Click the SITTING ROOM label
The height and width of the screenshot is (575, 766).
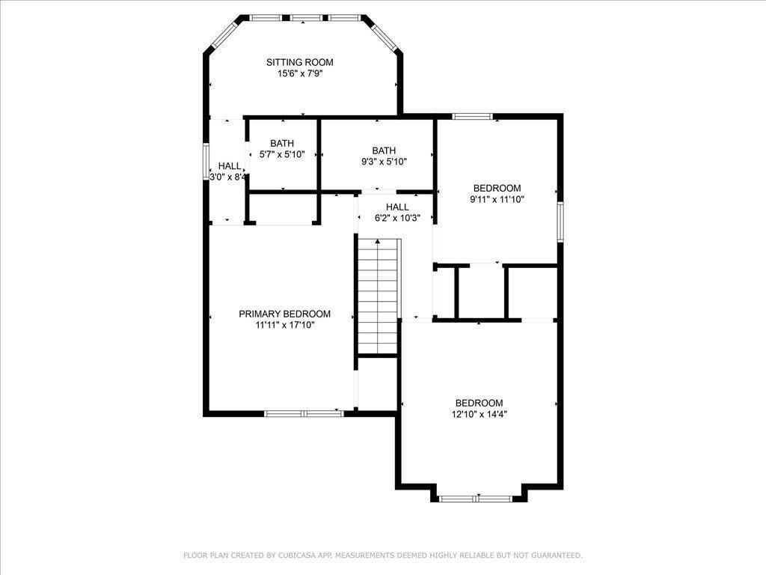click(299, 62)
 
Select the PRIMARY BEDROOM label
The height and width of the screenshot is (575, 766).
click(284, 314)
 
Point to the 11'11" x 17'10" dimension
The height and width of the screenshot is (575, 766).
click(285, 325)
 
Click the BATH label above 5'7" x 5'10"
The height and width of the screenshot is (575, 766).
click(282, 143)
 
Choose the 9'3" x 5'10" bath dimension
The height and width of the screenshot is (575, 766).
click(384, 162)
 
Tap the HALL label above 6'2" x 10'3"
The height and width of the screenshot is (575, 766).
click(397, 207)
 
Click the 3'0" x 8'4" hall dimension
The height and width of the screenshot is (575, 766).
click(228, 177)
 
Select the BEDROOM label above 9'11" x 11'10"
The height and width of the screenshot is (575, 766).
click(497, 188)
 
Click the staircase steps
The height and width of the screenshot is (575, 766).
click(378, 296)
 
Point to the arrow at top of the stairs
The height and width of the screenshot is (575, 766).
click(377, 242)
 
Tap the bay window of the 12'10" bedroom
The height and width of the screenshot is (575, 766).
click(475, 499)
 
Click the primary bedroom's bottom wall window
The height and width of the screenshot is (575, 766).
click(304, 413)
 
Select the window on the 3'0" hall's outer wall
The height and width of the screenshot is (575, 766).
click(206, 162)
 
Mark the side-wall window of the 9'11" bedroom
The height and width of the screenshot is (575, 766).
click(560, 222)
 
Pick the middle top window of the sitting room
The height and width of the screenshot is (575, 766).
click(305, 18)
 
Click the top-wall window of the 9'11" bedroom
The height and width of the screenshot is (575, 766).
click(472, 116)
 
